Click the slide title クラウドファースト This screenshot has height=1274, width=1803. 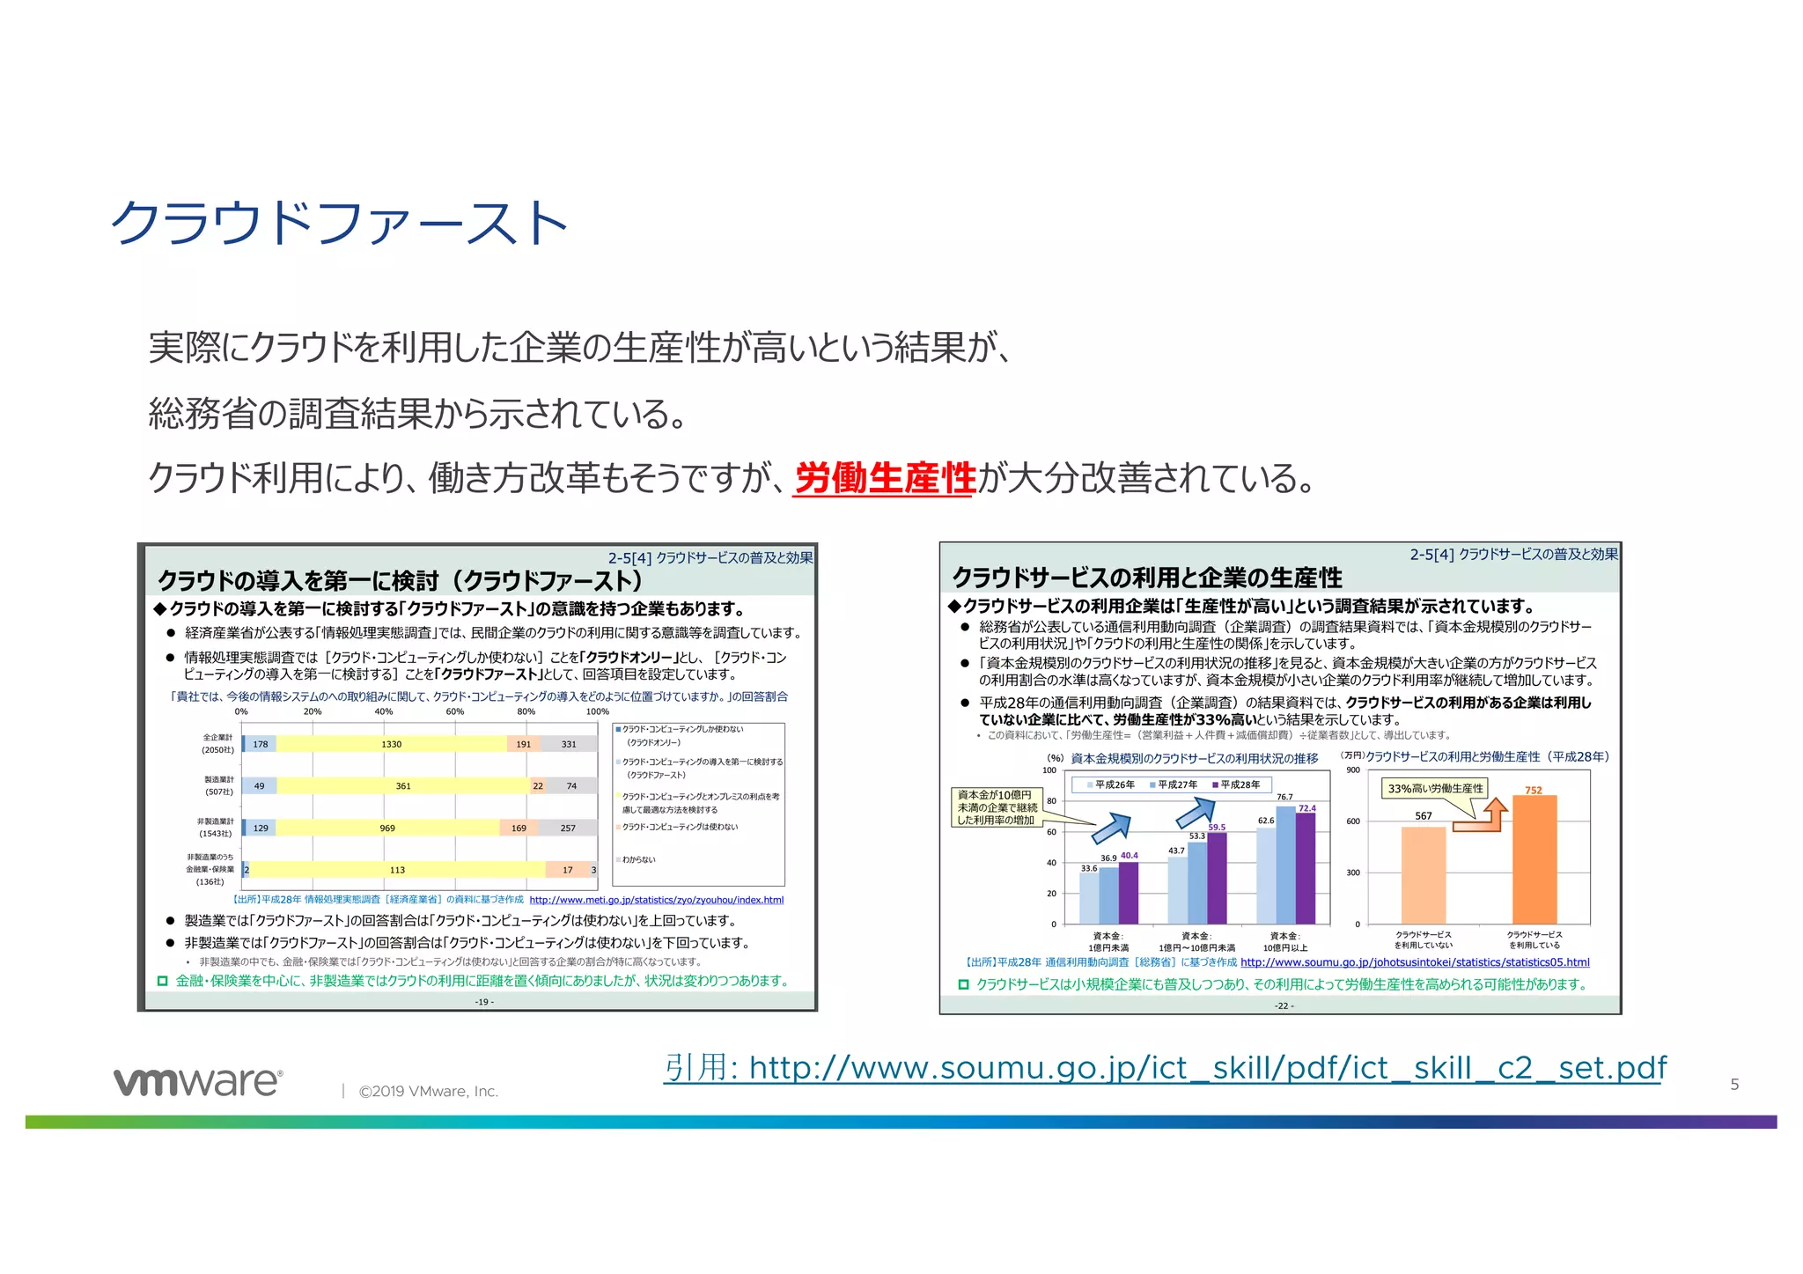tap(339, 223)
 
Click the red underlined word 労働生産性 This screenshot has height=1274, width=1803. tap(885, 478)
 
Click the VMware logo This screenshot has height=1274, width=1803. tap(198, 1082)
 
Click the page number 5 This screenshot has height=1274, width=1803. tap(1734, 1085)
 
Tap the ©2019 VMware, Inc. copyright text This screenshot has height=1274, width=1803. tap(428, 1092)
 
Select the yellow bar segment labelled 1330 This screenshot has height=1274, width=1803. tap(391, 744)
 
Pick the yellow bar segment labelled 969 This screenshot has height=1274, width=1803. tap(387, 828)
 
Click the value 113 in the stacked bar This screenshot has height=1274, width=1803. tap(397, 870)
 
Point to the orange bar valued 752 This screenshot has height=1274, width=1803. tap(1534, 858)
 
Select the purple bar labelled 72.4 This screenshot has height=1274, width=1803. tap(1306, 867)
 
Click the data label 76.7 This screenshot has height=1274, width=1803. tap(1284, 797)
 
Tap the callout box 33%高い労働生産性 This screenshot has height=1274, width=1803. tap(1435, 788)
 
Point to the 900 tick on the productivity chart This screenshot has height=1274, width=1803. tap(1353, 770)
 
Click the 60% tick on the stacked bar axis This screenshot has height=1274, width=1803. tap(454, 711)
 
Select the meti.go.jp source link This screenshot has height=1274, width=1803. tap(656, 900)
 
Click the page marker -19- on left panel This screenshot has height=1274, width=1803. tap(484, 1002)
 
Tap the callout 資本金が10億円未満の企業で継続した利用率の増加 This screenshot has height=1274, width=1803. tap(997, 807)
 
